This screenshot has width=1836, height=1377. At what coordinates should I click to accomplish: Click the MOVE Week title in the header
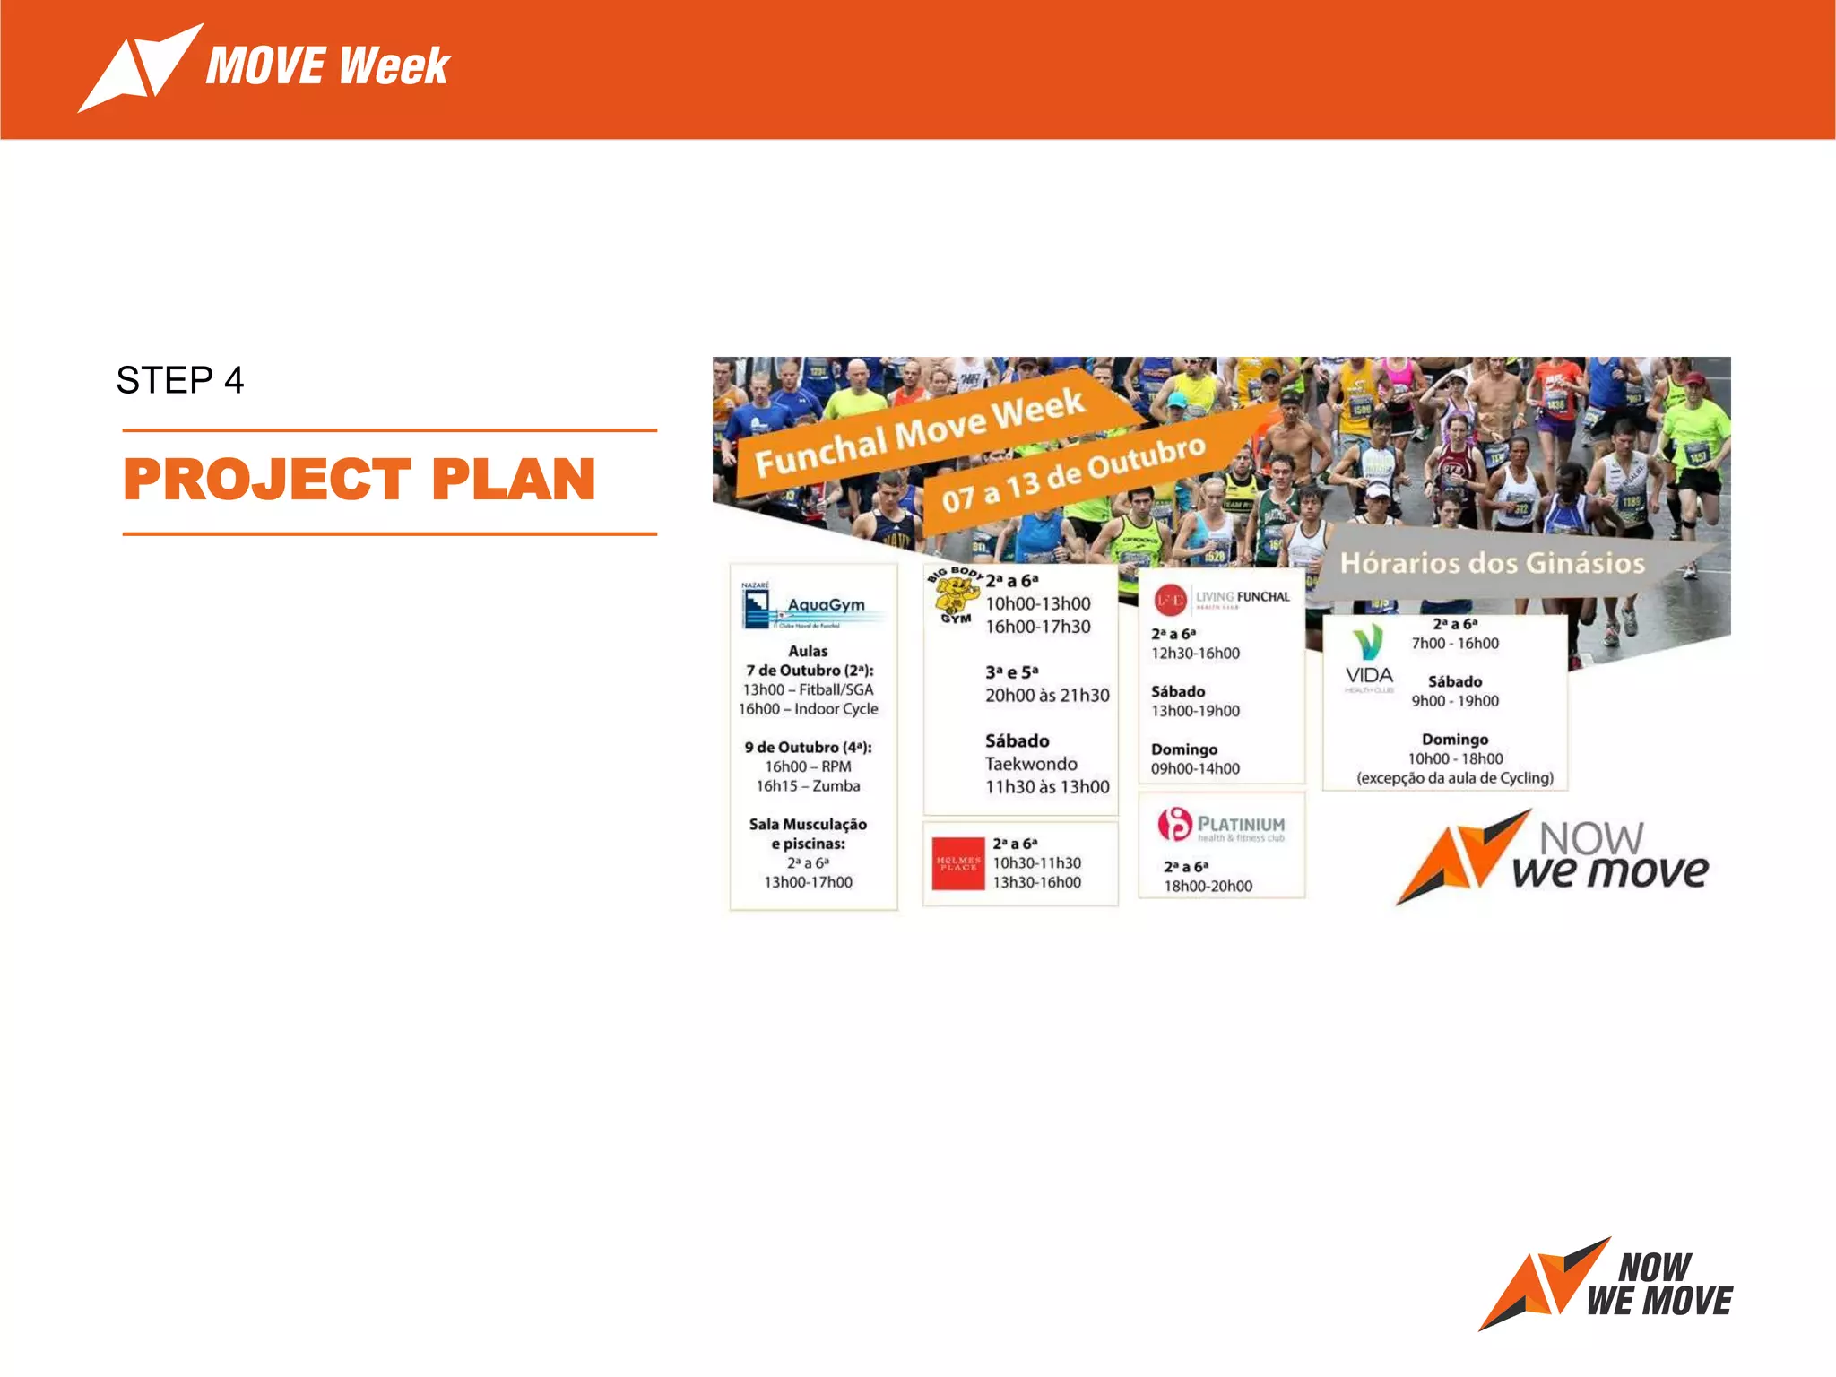pos(327,66)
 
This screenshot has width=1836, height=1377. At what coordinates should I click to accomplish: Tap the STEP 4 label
pos(180,380)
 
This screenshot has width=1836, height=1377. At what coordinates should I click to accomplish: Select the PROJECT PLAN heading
pos(359,480)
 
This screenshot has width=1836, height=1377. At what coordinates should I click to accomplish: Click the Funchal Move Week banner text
pos(920,434)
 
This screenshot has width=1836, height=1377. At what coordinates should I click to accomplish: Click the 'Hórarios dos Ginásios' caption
pos(1492,563)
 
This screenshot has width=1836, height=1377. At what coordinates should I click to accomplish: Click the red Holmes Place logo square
pos(957,864)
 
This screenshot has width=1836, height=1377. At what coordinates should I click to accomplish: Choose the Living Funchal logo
pos(1222,599)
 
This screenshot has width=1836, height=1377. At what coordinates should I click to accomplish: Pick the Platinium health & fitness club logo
pos(1221,826)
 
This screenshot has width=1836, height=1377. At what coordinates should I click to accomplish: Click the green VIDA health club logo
pos(1368,660)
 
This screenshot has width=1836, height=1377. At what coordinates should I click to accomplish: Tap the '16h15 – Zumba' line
pos(808,786)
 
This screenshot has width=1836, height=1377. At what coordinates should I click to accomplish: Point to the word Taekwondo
pos(1031,764)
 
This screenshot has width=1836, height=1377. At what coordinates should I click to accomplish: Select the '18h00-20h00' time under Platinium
pos(1208,887)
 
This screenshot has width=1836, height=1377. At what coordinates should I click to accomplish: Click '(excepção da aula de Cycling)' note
pos(1454,778)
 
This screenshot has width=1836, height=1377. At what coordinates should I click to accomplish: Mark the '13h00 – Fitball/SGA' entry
pos(808,689)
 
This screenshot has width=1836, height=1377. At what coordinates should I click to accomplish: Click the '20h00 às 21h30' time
pos(1047,696)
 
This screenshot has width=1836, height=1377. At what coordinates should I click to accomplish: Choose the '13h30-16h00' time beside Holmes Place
pos(1036,882)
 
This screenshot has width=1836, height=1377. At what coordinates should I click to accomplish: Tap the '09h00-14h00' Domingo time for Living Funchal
pos(1195,769)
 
